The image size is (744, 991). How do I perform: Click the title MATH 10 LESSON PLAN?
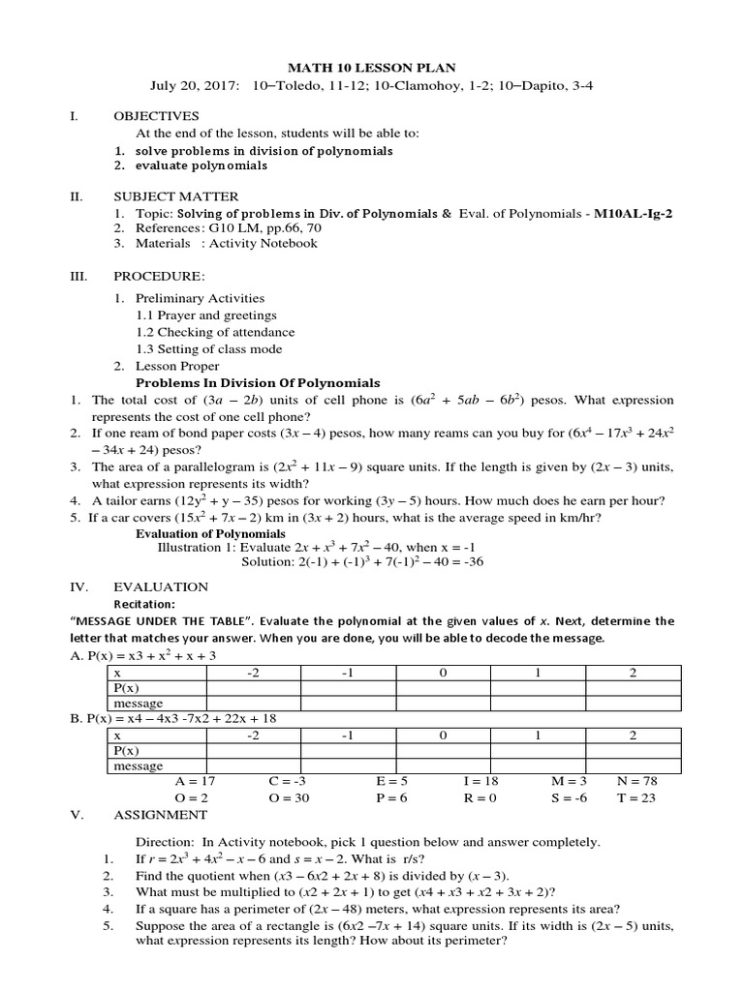coord(371,67)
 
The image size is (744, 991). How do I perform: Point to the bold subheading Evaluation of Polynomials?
coord(210,533)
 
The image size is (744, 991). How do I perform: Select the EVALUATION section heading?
coord(161,586)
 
